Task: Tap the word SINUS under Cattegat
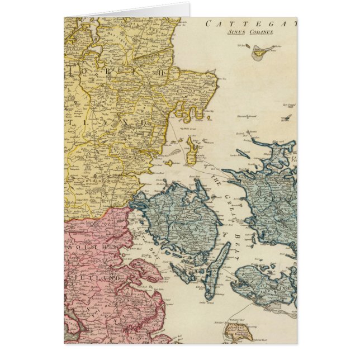tap(236, 32)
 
